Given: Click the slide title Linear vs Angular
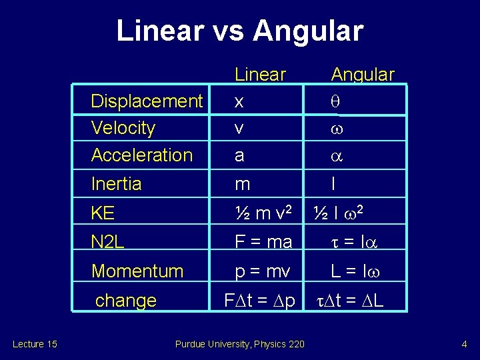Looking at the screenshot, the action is click(240, 31).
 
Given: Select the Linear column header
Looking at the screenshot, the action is click(261, 75).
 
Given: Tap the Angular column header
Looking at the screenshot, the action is click(363, 75).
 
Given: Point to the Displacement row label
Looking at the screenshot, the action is click(147, 101).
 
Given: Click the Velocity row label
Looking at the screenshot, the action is click(123, 128).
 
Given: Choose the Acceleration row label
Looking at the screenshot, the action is click(142, 155).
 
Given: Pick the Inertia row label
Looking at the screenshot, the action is click(117, 183).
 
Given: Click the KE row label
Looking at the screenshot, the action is click(103, 213).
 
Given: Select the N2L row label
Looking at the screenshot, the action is click(108, 242).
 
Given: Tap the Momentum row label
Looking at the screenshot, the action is click(137, 271).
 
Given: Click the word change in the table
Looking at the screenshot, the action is click(126, 301).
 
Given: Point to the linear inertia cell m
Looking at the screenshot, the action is click(242, 184).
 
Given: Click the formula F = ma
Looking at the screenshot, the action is click(264, 242).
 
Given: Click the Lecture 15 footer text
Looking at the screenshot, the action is click(35, 344).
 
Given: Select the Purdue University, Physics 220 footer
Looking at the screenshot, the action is click(239, 344).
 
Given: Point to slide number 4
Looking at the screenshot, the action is click(463, 344).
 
